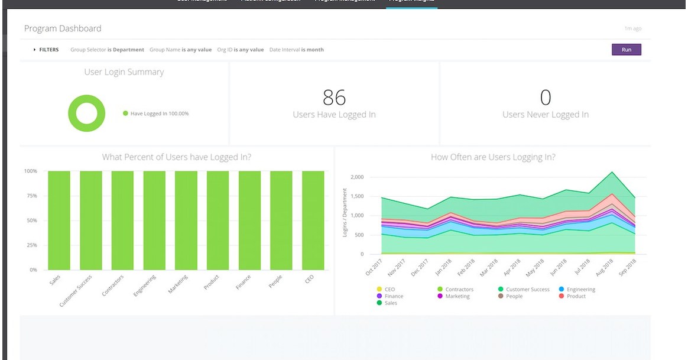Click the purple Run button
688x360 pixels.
click(626, 50)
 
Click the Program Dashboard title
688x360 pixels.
click(63, 28)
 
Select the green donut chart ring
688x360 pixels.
click(73, 113)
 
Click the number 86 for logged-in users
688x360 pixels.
click(334, 97)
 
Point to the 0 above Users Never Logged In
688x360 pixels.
click(545, 97)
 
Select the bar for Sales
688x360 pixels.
click(59, 220)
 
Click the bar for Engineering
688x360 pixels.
click(154, 220)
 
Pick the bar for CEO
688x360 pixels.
click(313, 220)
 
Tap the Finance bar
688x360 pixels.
click(249, 220)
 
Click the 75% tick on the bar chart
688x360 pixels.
click(30, 196)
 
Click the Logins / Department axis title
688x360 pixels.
click(345, 213)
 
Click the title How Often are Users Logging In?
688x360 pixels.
click(493, 157)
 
